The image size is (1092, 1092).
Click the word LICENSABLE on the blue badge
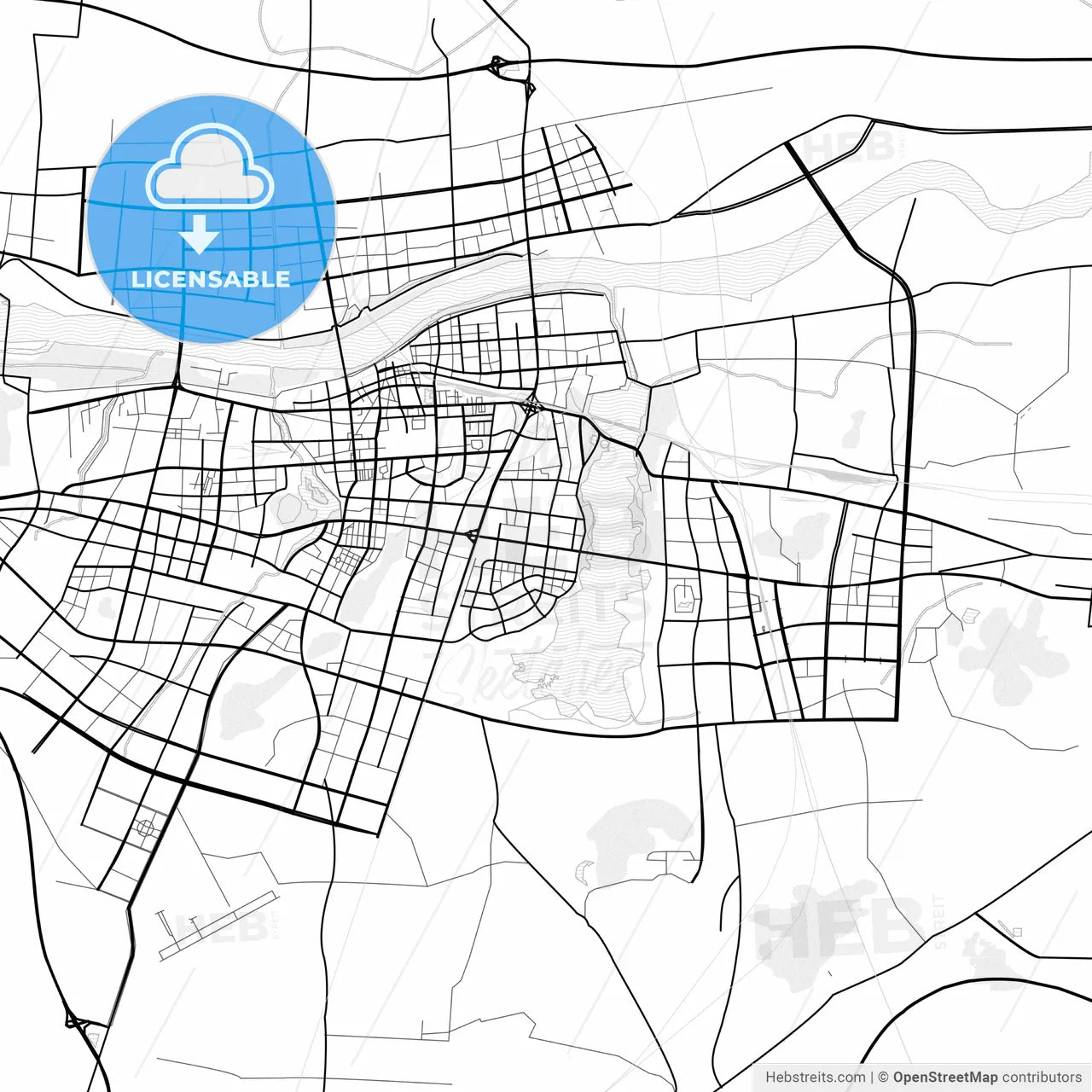(211, 280)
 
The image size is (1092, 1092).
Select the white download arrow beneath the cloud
(200, 235)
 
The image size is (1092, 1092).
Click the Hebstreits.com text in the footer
(816, 1077)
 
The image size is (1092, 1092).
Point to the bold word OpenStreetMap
(945, 1077)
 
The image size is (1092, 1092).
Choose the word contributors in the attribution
(1041, 1077)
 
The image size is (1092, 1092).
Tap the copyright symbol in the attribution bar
(884, 1077)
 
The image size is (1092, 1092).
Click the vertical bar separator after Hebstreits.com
(872, 1077)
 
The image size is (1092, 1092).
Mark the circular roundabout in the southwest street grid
(146, 827)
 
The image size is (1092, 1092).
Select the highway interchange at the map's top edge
(497, 67)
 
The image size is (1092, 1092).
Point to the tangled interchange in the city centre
(531, 406)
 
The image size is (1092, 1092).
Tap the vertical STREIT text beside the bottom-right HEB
(939, 921)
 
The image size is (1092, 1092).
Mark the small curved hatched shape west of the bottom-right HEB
(584, 871)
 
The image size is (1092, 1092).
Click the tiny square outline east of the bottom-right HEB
(1015, 930)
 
